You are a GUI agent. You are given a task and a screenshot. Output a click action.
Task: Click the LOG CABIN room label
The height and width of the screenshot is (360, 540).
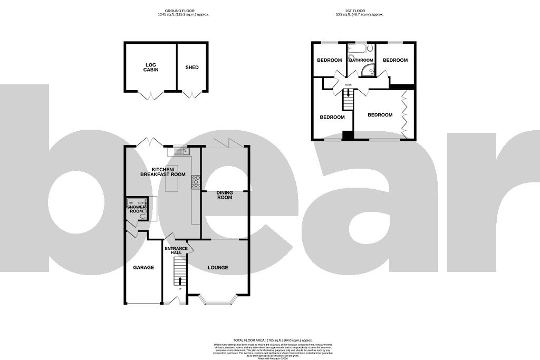[151, 67]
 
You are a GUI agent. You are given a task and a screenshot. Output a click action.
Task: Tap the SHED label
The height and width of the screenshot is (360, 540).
[192, 67]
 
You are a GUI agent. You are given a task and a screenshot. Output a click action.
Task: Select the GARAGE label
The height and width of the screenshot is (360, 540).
[143, 268]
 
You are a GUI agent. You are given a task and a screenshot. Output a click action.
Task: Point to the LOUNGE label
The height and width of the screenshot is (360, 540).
[218, 268]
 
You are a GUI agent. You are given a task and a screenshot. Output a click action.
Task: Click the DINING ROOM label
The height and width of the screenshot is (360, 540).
[225, 195]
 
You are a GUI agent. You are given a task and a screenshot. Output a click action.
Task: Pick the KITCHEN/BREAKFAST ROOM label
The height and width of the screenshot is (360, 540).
[163, 171]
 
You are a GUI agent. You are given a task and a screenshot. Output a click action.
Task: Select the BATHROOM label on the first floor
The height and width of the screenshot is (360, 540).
[361, 60]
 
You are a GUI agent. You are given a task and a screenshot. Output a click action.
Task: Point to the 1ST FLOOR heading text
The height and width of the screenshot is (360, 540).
[356, 11]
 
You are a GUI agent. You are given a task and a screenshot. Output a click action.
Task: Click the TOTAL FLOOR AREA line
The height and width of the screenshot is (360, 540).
[273, 340]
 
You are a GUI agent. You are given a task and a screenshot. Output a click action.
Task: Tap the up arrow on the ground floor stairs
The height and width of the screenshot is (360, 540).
[180, 280]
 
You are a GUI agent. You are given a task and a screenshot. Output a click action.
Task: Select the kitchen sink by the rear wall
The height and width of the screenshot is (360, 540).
[182, 152]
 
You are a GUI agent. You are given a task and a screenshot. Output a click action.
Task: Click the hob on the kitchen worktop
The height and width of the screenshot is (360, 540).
[196, 182]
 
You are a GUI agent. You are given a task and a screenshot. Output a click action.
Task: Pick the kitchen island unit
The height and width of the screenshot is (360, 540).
[172, 182]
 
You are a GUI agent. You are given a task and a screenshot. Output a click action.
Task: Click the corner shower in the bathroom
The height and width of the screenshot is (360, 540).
[371, 72]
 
